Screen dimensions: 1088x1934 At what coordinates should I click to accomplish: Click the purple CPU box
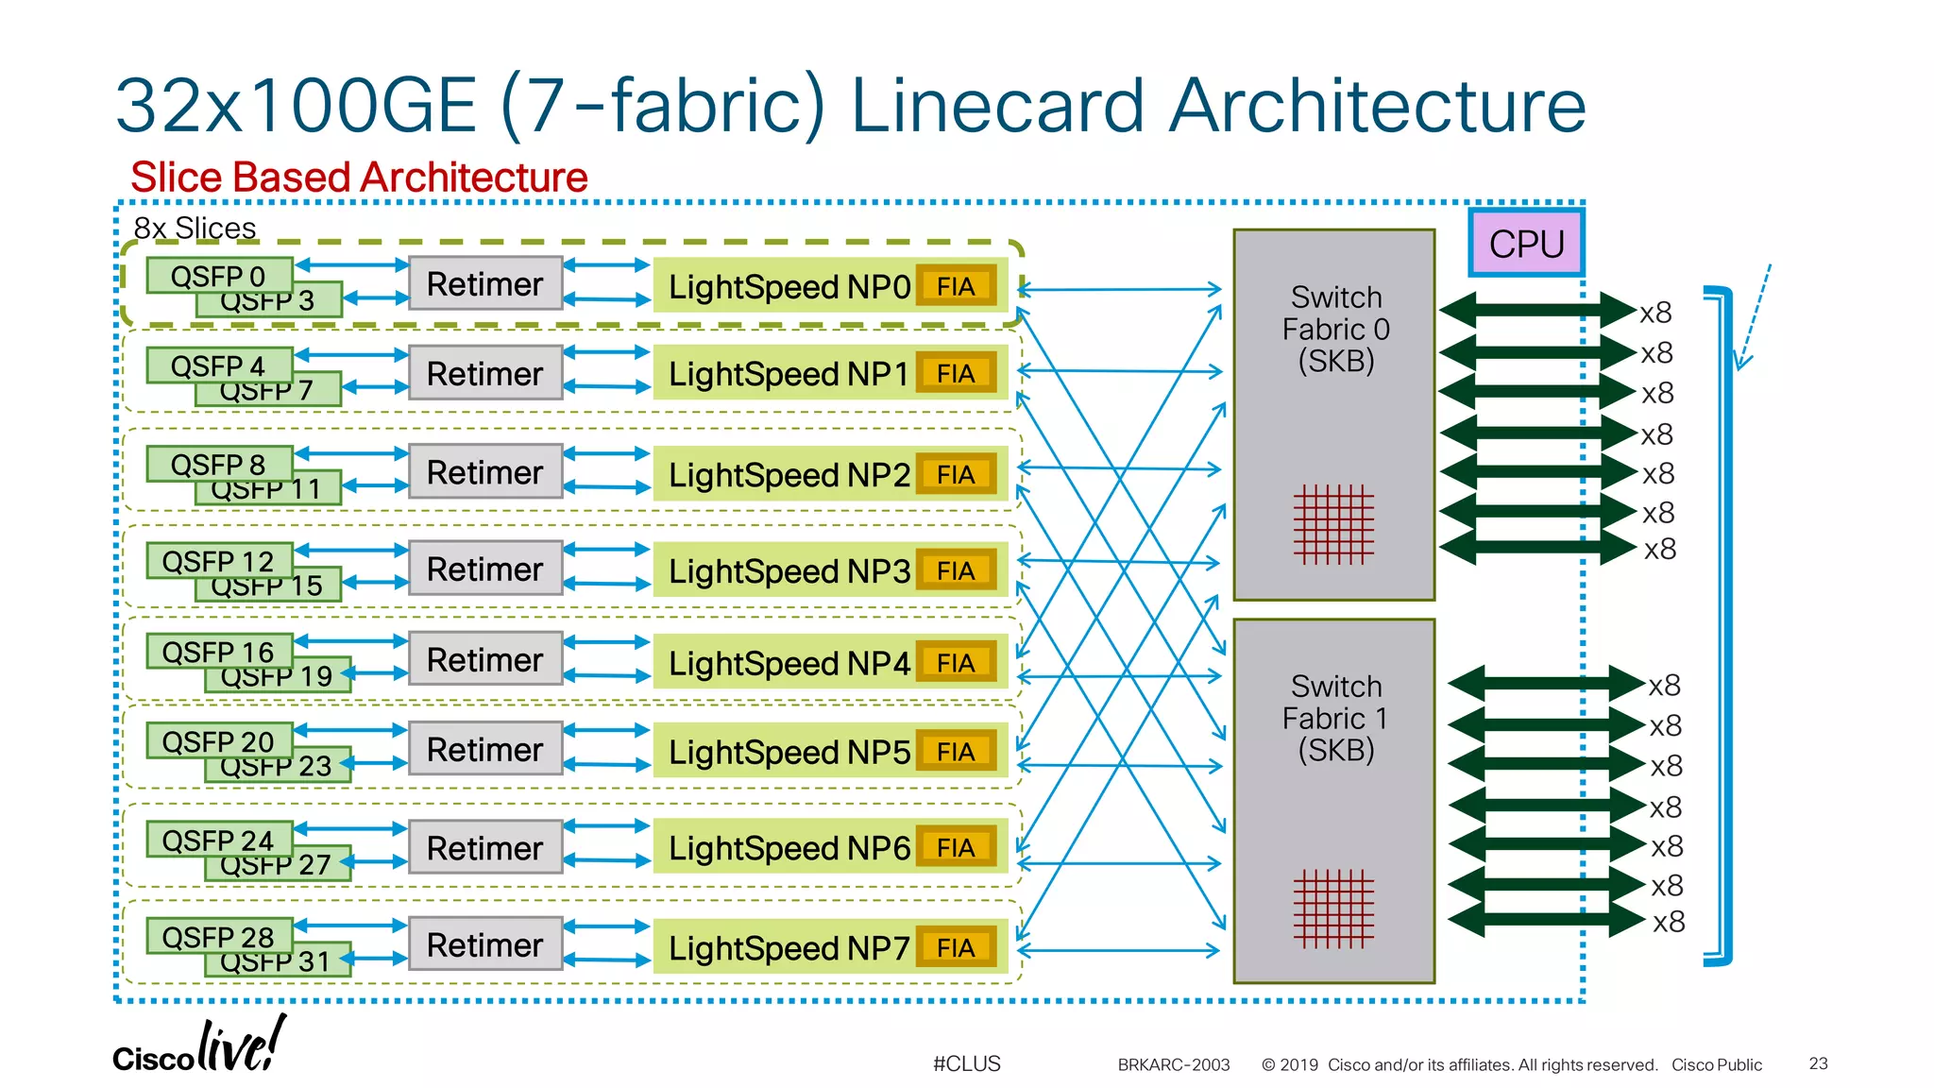[x=1525, y=244]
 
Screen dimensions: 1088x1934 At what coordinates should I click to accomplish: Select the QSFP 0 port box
[x=218, y=275]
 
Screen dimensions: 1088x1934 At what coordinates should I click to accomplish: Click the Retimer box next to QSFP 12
[x=485, y=569]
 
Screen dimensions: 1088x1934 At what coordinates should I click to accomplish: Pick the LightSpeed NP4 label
[x=789, y=663]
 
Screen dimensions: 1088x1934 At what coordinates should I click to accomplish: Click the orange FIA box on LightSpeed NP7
[x=956, y=947]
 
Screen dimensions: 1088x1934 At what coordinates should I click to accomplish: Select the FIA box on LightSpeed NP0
[x=956, y=286]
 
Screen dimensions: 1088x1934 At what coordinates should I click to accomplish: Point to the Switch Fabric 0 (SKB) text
[x=1335, y=329]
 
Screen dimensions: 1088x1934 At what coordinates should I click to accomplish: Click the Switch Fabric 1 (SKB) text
[x=1335, y=718]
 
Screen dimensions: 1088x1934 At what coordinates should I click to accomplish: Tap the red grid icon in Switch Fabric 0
[x=1333, y=524]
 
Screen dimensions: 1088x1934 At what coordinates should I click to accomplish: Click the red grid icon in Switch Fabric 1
[x=1333, y=909]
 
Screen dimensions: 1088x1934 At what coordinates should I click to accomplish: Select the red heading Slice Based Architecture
[x=359, y=178]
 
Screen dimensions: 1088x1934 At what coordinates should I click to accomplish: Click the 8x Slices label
[x=195, y=228]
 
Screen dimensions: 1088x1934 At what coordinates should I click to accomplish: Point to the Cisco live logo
[x=199, y=1047]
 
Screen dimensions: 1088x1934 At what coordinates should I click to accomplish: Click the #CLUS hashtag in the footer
[x=966, y=1063]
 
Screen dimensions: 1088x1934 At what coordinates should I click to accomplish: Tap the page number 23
[x=1818, y=1063]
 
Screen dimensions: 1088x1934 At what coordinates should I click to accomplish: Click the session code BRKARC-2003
[x=1173, y=1064]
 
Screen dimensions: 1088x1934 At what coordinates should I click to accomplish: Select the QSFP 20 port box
[x=218, y=740]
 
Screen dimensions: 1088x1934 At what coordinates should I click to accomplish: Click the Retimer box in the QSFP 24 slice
[x=485, y=847]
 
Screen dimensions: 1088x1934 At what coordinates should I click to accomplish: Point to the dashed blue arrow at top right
[x=1754, y=316]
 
